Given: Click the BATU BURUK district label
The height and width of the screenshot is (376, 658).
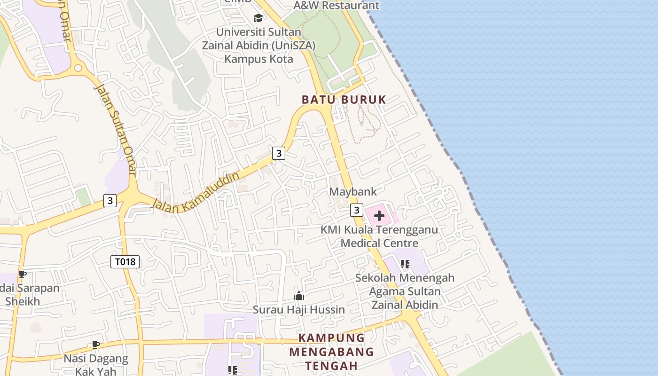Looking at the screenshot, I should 344,100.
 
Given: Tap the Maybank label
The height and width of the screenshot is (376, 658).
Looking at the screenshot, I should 353,192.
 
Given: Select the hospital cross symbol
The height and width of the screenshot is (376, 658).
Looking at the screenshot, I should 379,216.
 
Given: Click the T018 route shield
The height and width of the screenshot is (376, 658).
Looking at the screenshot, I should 125,262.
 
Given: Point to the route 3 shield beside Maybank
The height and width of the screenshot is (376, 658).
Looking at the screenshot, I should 357,210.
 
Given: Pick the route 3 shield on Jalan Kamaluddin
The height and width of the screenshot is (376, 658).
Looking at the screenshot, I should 279,153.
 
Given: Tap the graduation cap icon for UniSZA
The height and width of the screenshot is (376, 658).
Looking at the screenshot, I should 258,18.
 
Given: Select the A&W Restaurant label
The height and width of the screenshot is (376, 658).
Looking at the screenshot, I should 336,6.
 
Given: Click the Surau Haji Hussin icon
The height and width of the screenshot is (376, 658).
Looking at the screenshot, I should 299,296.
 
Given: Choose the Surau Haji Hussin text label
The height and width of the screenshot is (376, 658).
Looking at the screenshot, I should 299,310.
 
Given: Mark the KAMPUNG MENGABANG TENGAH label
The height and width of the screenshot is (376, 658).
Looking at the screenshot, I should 331,352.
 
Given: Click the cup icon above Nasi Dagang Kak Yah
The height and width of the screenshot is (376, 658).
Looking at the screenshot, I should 96,345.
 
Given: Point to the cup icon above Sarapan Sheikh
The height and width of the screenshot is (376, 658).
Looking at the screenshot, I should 22,274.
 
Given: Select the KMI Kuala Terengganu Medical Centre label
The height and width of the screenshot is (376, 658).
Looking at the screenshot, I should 379,236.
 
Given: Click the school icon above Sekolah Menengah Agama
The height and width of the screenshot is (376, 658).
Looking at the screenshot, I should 405,264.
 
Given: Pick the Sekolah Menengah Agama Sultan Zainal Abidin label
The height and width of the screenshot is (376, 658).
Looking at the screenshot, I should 405,291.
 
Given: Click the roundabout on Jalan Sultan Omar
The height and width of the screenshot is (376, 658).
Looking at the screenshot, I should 78,69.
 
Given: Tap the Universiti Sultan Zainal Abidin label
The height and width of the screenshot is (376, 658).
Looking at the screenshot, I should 258,46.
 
